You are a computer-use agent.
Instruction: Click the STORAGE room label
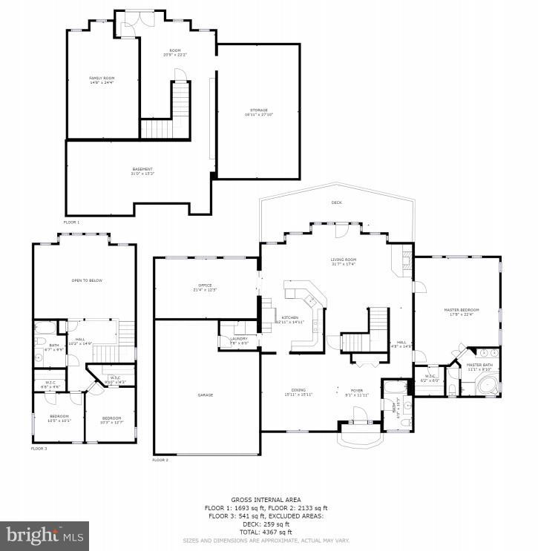pyautogui.click(x=258, y=110)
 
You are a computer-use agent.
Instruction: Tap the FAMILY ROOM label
pyautogui.click(x=102, y=78)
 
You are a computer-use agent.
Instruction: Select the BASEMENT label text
pyautogui.click(x=142, y=171)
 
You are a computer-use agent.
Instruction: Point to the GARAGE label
pyautogui.click(x=206, y=395)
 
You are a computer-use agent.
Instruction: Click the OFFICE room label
pyautogui.click(x=205, y=286)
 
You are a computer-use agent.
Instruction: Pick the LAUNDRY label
pyautogui.click(x=238, y=339)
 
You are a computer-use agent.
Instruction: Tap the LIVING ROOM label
pyautogui.click(x=344, y=260)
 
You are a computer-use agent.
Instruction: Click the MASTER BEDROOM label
pyautogui.click(x=461, y=310)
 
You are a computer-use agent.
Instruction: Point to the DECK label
pyautogui.click(x=336, y=202)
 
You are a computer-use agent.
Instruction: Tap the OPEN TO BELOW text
pyautogui.click(x=86, y=281)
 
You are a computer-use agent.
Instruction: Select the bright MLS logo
pyautogui.click(x=45, y=535)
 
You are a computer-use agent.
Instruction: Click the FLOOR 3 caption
pyautogui.click(x=39, y=449)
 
